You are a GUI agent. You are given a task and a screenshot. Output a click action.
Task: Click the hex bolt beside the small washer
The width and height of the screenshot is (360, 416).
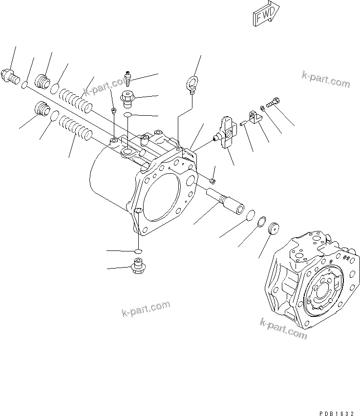tap(275, 102)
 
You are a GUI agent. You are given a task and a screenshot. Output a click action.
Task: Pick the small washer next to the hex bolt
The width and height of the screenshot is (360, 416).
tap(263, 107)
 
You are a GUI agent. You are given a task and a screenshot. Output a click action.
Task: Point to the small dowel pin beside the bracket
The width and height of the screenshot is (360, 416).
tap(243, 124)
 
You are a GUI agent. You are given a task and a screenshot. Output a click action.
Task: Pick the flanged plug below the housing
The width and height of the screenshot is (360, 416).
tap(137, 267)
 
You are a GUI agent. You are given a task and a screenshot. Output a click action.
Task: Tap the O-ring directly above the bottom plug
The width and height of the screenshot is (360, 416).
tap(138, 250)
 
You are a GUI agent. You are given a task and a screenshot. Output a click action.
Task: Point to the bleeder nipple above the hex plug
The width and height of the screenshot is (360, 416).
tap(129, 78)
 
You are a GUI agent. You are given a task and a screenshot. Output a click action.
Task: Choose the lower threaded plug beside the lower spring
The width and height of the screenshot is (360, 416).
tap(43, 109)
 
